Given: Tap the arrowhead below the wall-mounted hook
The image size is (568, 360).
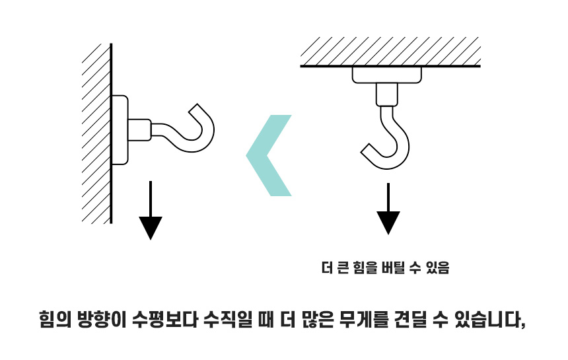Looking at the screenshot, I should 151,227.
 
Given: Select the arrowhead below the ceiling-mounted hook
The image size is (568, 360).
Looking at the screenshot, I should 388,221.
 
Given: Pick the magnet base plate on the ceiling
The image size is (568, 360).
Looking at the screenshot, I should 387,75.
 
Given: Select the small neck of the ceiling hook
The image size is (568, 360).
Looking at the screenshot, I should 387,94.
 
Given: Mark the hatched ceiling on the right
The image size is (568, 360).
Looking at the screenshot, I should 390,52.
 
